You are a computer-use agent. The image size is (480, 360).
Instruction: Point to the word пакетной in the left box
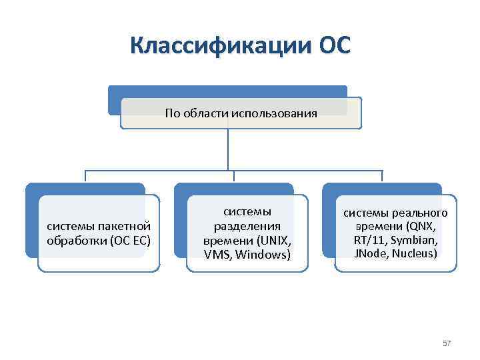point(126,227)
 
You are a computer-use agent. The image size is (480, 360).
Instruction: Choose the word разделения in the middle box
point(247,226)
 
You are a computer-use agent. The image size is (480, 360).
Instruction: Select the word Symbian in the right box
point(414,240)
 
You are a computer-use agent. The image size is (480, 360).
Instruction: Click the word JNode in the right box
point(371,253)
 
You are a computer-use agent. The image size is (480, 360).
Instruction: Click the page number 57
point(447,343)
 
